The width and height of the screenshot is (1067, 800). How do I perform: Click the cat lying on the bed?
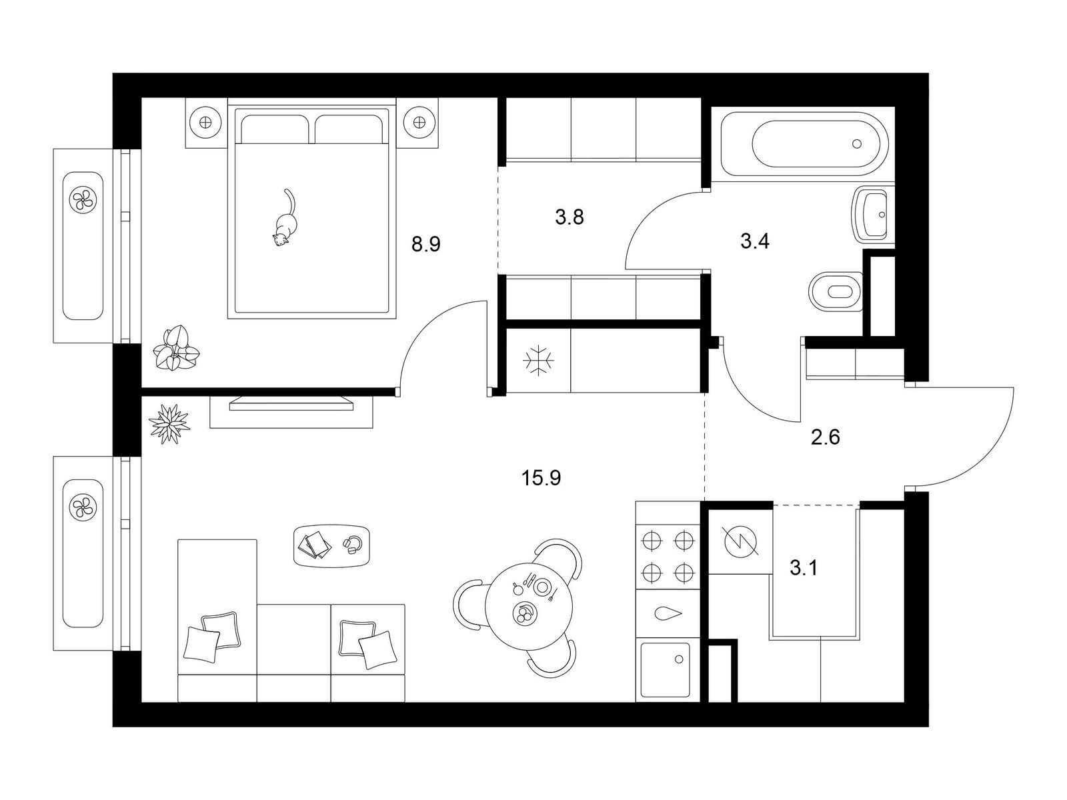tap(284, 221)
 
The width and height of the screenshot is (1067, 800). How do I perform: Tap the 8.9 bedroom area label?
tap(426, 244)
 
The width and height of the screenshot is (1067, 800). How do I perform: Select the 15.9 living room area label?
tap(541, 479)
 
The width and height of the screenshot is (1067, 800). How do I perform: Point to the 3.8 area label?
tap(570, 217)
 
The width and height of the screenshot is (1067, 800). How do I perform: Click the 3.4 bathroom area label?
tap(755, 241)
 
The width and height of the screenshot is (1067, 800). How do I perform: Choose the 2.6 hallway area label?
tap(826, 437)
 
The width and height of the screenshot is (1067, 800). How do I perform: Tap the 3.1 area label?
tap(804, 568)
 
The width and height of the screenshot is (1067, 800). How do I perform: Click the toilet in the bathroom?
tap(836, 291)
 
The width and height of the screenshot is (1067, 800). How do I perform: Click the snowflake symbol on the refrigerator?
tap(538, 361)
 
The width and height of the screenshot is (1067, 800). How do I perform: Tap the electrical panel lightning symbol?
tap(740, 541)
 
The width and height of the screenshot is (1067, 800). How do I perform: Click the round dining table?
tap(529, 606)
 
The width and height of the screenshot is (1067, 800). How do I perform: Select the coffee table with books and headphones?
tap(332, 545)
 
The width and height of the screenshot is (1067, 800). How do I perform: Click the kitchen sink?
tap(666, 669)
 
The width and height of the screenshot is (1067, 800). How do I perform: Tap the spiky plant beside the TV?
tap(169, 423)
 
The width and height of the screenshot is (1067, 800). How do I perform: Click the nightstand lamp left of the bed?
tap(207, 123)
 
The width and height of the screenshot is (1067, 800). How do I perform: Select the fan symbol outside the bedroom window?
tap(83, 199)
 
